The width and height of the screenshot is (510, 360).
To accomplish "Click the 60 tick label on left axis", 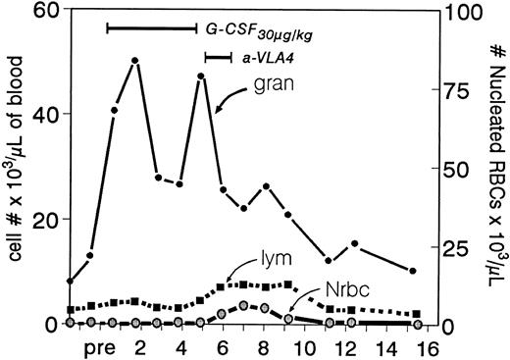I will click(43, 11).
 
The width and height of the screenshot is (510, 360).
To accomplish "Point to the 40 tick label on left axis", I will click(43, 114).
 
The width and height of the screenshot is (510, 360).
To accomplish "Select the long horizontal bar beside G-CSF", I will click(151, 28).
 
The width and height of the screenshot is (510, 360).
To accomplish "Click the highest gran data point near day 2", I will click(133, 61).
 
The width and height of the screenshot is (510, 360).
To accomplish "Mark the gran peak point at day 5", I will click(200, 76).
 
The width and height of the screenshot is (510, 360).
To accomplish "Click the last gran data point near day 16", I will click(413, 271).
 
